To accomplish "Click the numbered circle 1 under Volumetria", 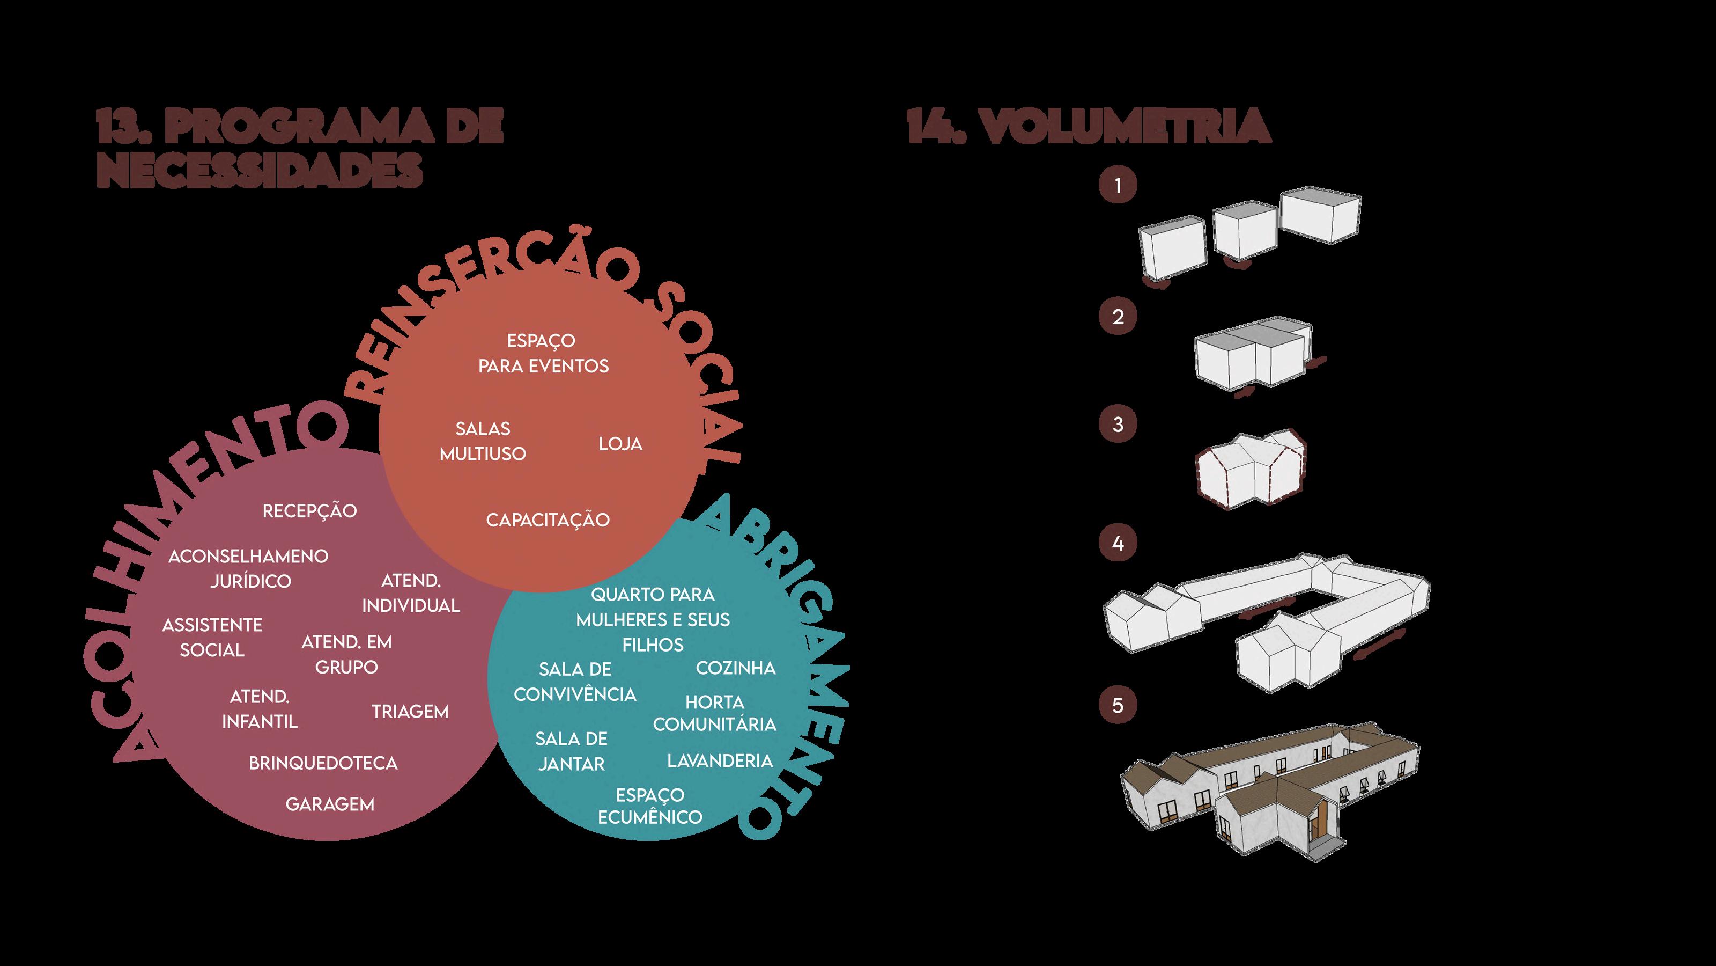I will [1118, 185].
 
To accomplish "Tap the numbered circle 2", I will [1118, 316].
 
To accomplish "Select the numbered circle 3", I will [1118, 424].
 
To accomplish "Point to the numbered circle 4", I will [1118, 543].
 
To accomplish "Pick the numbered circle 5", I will [1118, 705].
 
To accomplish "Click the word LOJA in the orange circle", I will [620, 444].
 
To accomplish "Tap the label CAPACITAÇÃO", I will [548, 520].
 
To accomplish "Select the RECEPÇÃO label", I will [310, 511].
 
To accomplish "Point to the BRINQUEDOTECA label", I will [323, 763].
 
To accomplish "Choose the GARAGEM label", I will [330, 804].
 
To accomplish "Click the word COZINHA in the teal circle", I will [735, 668].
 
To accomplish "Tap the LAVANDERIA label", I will [720, 760].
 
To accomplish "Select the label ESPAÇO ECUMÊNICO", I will [650, 806].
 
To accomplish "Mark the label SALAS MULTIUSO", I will [483, 441].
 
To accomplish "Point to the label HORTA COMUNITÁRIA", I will [715, 713].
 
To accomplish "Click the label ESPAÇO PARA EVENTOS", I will [543, 353].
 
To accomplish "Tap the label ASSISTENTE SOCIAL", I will [212, 638].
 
